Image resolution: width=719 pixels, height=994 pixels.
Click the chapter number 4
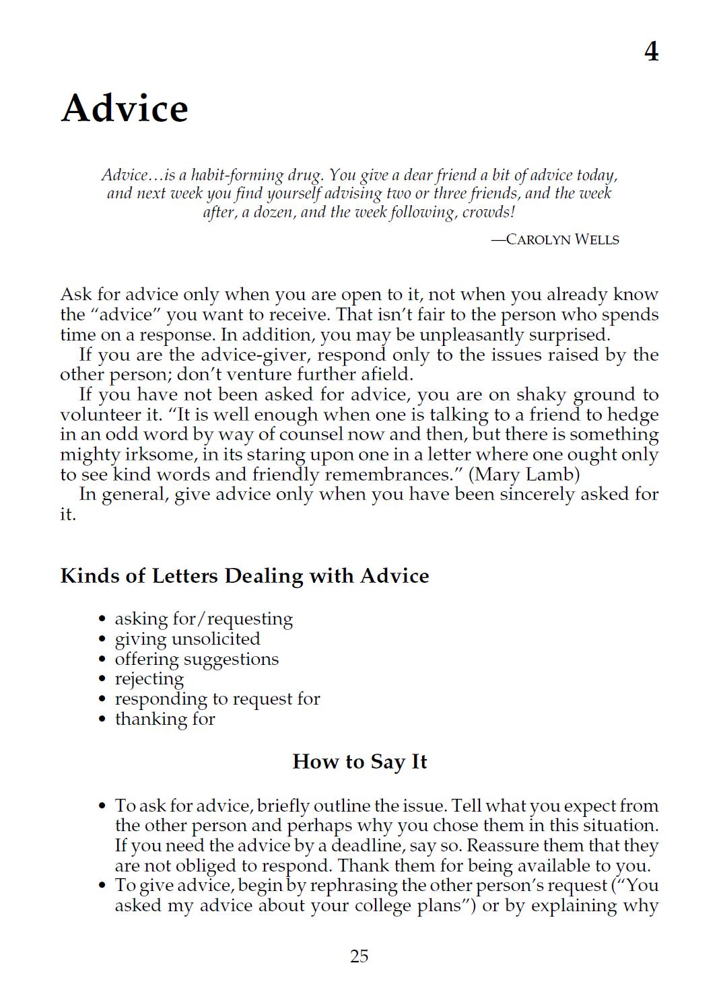coord(651,52)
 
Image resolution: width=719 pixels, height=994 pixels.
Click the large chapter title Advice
coord(125,108)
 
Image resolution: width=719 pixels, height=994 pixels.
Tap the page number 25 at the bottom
coord(359,956)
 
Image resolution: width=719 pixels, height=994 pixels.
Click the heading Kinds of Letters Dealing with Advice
coord(244,576)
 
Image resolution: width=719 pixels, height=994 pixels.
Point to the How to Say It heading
coord(359,762)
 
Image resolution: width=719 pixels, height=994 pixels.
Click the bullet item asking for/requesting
coord(203,618)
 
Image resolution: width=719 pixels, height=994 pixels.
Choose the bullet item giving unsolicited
coord(187,639)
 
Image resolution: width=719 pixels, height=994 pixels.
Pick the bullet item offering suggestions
coord(197,659)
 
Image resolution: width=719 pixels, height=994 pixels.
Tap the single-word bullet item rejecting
coord(149,679)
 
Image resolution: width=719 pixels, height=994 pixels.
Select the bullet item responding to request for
coord(217,699)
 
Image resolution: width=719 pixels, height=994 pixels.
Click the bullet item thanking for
coord(165,719)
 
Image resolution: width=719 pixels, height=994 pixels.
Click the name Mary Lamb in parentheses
coord(523,474)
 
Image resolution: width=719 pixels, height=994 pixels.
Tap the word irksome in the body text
coord(158,455)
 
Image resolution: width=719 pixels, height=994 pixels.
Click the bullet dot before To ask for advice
coord(102,806)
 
